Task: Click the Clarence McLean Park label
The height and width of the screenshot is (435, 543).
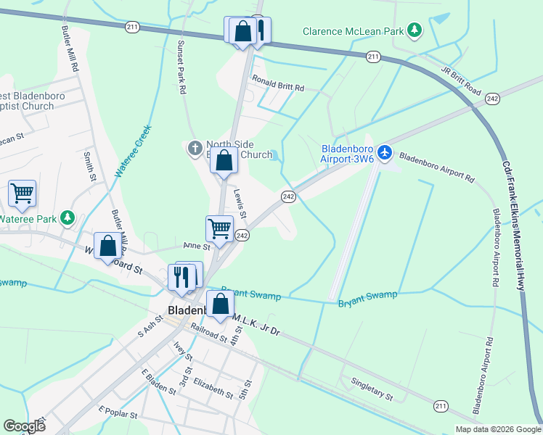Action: click(x=352, y=31)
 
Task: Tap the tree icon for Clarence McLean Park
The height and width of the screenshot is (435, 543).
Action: click(x=414, y=30)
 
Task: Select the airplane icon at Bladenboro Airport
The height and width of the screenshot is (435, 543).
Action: click(x=384, y=152)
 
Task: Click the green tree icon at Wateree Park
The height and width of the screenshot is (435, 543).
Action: click(x=68, y=217)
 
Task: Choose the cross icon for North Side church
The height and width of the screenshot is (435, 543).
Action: click(x=194, y=149)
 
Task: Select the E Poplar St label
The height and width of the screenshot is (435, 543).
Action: click(x=118, y=414)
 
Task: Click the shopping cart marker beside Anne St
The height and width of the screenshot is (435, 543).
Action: click(x=219, y=229)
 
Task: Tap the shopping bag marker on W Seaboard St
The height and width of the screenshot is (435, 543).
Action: click(x=107, y=246)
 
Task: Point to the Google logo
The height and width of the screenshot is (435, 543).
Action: click(x=24, y=426)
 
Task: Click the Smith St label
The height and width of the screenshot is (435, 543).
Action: click(x=90, y=166)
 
